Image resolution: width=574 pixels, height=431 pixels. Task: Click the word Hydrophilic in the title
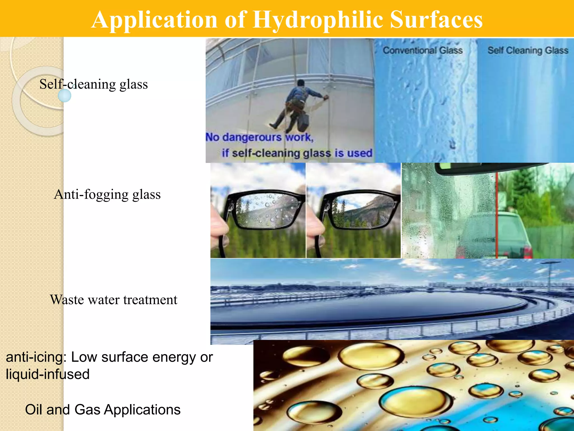(318, 20)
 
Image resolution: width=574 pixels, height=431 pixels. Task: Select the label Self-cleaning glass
(94, 84)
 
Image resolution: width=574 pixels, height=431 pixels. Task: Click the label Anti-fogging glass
(107, 194)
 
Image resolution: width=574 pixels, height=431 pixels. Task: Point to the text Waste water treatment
(114, 300)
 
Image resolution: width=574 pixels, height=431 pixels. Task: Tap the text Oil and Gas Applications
(103, 410)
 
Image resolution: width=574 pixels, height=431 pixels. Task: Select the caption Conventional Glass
(423, 51)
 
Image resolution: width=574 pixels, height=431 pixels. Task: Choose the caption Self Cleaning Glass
(528, 51)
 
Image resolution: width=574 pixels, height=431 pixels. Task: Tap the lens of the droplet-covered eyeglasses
(266, 210)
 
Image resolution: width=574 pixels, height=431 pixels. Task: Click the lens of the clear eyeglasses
(362, 210)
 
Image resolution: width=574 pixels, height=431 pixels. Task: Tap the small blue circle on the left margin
(64, 96)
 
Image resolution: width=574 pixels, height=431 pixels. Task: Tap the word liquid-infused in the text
(48, 374)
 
